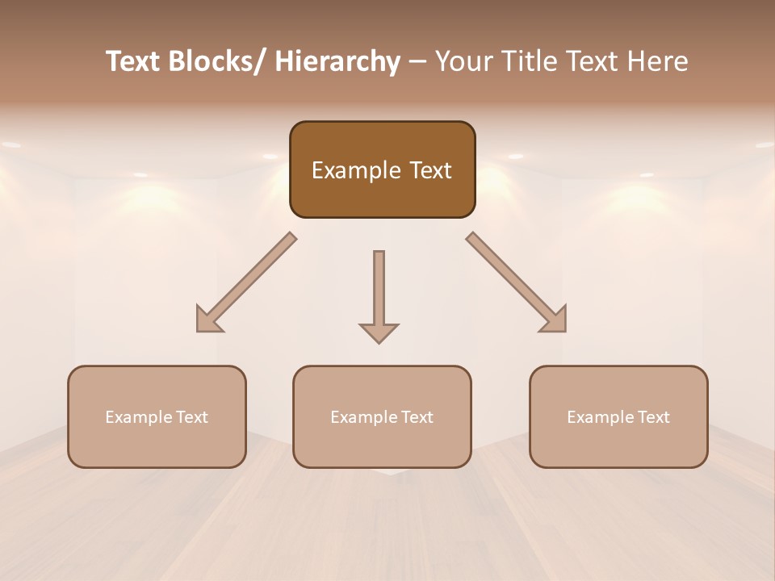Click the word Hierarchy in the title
[337, 61]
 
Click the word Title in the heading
[526, 61]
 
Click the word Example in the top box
[355, 171]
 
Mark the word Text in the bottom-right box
[653, 417]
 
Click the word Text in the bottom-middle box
[417, 417]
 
